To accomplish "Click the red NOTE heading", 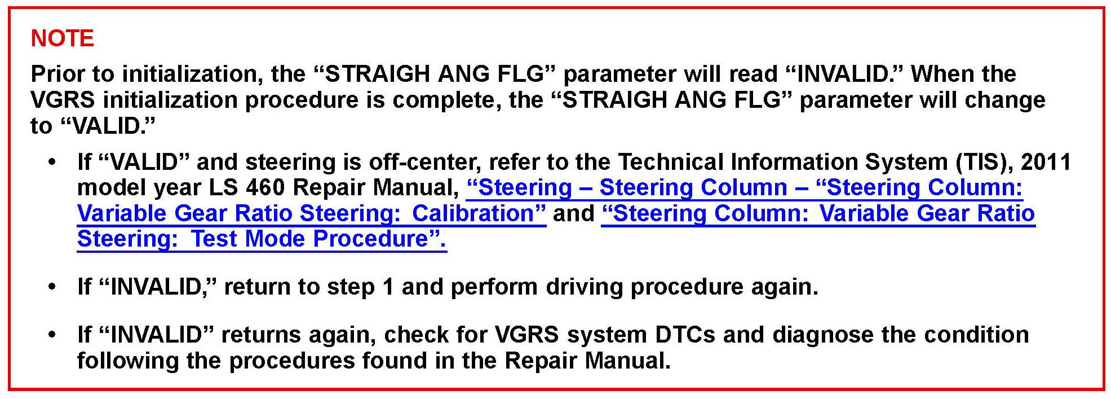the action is click(x=62, y=38).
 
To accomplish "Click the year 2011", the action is click(x=1046, y=163).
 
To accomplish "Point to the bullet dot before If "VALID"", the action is click(x=52, y=163).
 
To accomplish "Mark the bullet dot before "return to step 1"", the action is click(x=52, y=288).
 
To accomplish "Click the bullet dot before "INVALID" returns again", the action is click(x=52, y=336).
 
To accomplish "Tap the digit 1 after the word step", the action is click(x=388, y=287).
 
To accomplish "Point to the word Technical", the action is click(x=671, y=163).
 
